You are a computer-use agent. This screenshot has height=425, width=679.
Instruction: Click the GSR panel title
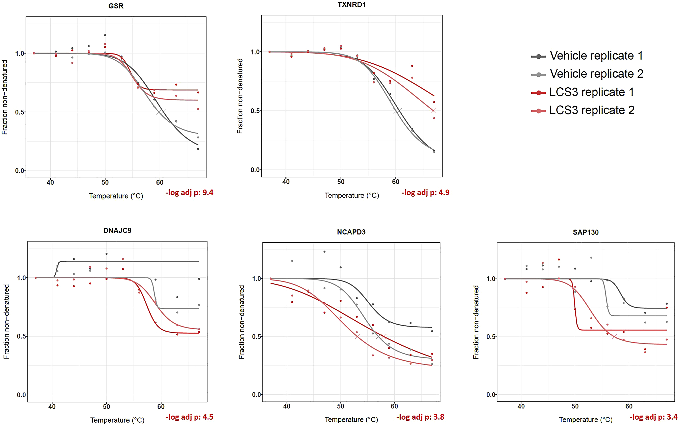point(116,6)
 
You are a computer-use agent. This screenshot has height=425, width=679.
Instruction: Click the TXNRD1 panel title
point(351,5)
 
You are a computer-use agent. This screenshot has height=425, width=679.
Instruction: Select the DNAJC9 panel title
point(117,231)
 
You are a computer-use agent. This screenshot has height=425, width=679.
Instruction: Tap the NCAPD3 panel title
point(351,232)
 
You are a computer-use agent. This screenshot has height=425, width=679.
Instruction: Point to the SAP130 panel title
point(586,232)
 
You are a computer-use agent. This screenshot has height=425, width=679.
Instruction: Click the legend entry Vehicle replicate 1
point(596,56)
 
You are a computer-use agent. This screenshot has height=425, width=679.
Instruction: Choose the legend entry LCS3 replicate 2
point(592,110)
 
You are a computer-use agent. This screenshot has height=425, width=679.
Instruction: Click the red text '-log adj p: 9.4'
point(189,192)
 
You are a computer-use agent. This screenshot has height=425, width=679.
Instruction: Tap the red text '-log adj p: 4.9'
point(425,192)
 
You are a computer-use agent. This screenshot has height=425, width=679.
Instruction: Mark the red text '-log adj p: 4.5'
point(189,417)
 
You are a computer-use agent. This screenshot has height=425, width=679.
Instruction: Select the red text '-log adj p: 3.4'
point(653,417)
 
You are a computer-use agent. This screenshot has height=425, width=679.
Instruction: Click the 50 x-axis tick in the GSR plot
point(105,182)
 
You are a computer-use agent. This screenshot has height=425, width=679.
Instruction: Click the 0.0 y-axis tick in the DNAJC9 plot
point(22,395)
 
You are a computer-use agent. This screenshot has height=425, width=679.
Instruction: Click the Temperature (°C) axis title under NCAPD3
point(351,420)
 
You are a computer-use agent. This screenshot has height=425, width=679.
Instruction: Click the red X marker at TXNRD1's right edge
point(433,111)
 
